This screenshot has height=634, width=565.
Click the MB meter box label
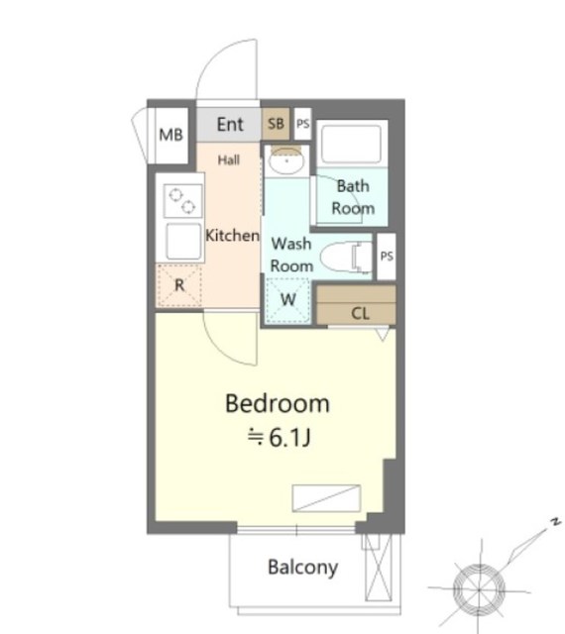tap(170, 135)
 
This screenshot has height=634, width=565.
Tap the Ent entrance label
tap(230, 124)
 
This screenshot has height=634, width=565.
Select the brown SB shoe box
tap(276, 123)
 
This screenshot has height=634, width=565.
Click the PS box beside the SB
tap(302, 123)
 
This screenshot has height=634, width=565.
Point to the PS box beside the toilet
tap(387, 257)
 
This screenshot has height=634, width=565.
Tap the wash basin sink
tap(286, 160)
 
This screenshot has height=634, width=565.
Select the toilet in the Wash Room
tap(346, 257)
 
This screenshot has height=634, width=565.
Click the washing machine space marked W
tap(287, 300)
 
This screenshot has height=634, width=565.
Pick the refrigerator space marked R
tap(179, 285)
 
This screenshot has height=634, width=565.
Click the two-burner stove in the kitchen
tap(183, 200)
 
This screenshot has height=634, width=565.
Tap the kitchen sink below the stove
tap(183, 242)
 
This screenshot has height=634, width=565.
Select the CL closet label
tap(360, 313)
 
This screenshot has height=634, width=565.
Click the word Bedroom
tap(278, 403)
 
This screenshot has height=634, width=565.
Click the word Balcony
tap(302, 568)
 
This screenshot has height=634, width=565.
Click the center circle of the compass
tap(479, 589)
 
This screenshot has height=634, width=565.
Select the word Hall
tap(229, 160)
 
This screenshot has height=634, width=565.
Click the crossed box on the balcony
tap(379, 567)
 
